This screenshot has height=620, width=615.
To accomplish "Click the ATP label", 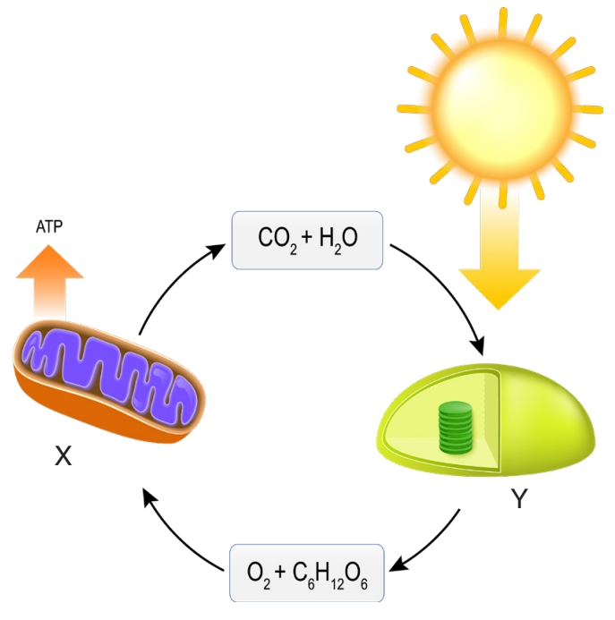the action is click(x=49, y=226).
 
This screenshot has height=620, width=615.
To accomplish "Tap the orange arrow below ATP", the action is click(x=50, y=283).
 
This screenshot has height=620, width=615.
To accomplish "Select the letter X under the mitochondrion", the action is click(x=64, y=456).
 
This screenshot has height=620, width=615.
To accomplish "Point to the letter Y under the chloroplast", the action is click(x=519, y=498).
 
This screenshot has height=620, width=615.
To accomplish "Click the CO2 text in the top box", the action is click(x=277, y=239).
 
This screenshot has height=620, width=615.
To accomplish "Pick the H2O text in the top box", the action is click(x=338, y=239).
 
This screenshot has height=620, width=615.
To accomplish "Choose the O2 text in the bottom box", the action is click(x=259, y=574).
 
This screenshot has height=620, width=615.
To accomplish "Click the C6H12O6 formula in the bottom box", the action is click(x=330, y=574).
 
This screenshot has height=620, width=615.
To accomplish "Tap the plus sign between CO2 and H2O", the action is click(x=308, y=237).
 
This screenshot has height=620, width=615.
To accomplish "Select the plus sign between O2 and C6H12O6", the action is click(x=280, y=572).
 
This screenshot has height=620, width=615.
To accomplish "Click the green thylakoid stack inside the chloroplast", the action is click(x=456, y=428).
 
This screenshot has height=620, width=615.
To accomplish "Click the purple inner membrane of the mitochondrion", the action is click(x=112, y=375).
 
